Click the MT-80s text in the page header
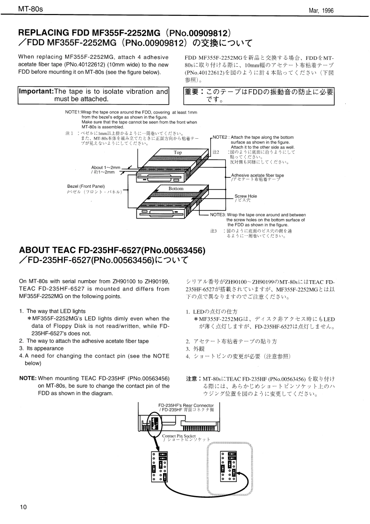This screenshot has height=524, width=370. click(30, 9)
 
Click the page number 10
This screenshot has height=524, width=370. click(23, 507)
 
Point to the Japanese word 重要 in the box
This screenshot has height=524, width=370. click(195, 92)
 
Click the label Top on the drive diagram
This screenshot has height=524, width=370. click(178, 153)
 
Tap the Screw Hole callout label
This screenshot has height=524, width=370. click(245, 196)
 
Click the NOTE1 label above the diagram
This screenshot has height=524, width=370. click(73, 113)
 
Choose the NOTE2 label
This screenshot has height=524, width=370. click(220, 137)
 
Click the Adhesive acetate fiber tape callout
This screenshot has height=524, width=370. click(257, 176)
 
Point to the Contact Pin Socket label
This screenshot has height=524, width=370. click(179, 436)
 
